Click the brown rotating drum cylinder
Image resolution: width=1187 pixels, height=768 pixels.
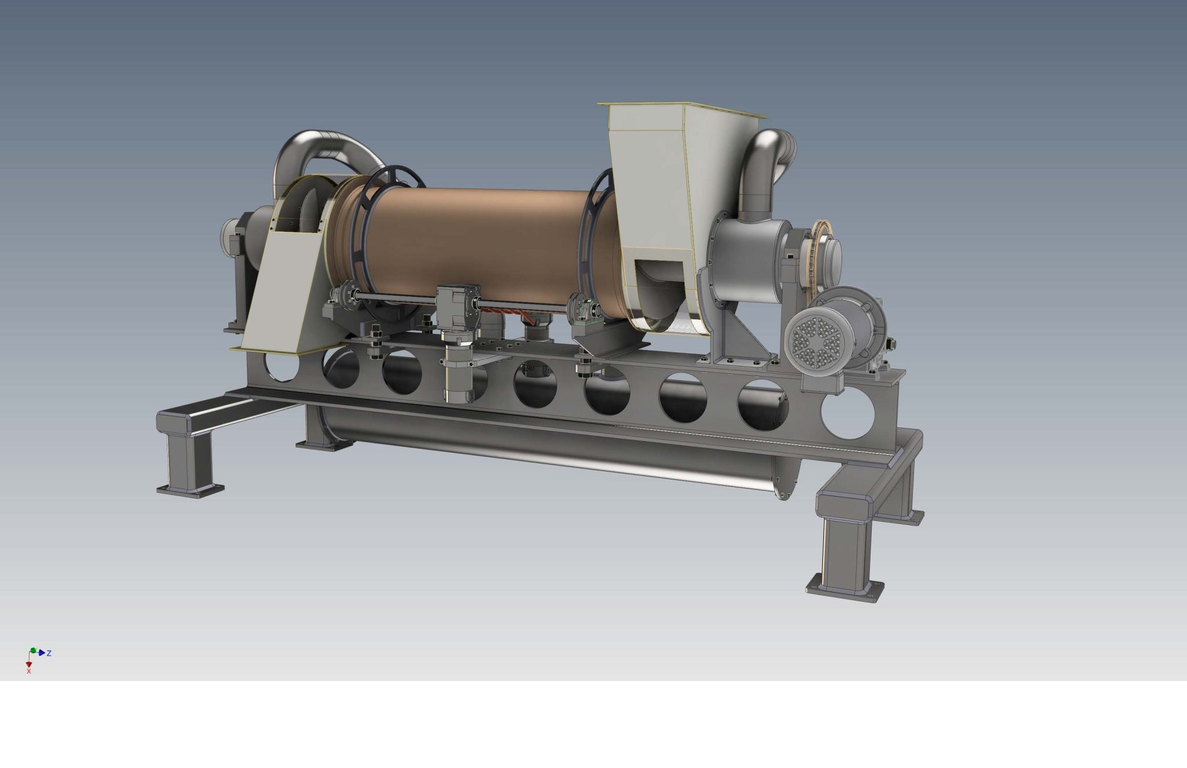coord(475,243)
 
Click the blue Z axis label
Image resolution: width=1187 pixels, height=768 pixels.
coord(49,653)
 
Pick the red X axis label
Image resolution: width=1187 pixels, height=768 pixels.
coord(28,671)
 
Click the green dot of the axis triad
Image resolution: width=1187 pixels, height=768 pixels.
coord(33,650)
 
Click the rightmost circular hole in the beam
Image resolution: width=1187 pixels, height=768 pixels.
coord(847,414)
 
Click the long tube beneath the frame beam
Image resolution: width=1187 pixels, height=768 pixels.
coord(551,446)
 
